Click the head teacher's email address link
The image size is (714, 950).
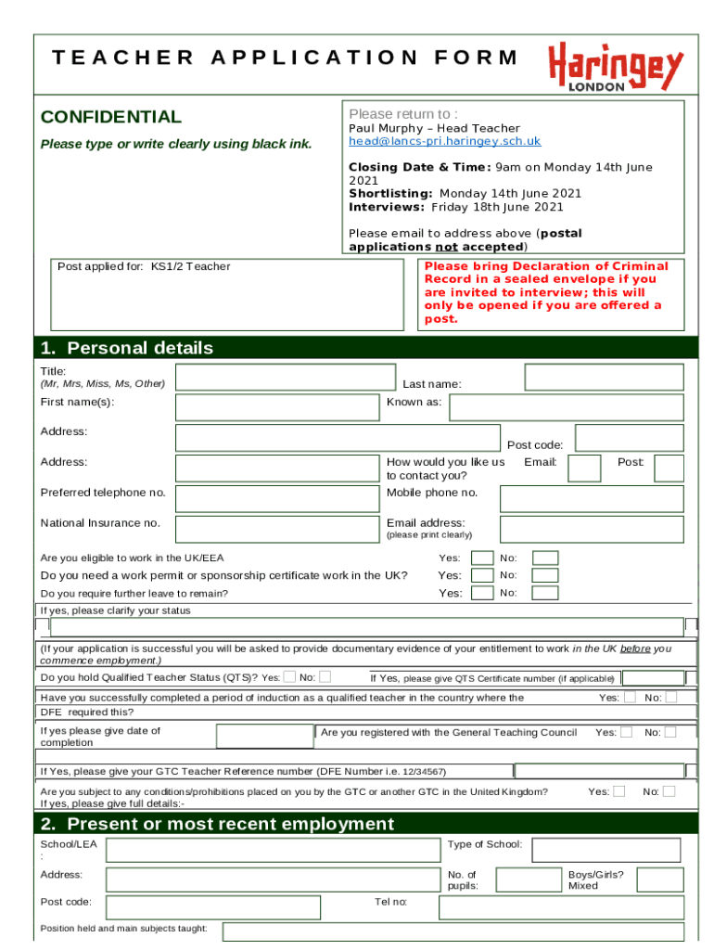pos(444,141)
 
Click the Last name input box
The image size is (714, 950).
pos(604,377)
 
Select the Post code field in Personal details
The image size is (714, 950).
pos(629,438)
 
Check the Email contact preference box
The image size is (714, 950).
pos(584,469)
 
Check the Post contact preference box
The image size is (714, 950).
pos(669,469)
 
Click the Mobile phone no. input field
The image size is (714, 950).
pos(592,499)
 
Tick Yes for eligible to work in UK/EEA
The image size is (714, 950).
pos(482,558)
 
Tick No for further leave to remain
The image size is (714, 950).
pos(545,593)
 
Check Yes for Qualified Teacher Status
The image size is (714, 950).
pos(290,676)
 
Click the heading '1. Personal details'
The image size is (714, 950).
pos(127,348)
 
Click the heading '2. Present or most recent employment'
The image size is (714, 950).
pos(217,824)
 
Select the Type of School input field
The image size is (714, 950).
pos(606,850)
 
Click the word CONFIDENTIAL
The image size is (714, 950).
pos(111,117)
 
